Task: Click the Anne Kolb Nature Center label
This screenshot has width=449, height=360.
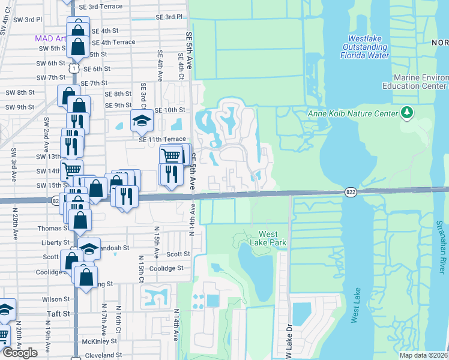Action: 352,113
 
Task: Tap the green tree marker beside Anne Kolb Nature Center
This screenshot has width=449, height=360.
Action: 407,112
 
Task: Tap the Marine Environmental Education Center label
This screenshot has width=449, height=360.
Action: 421,82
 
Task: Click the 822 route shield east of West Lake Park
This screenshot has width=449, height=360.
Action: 352,191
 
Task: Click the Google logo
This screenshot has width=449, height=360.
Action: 20,353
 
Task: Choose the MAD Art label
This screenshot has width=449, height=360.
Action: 51,38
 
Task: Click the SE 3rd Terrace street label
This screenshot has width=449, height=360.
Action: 101,6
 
